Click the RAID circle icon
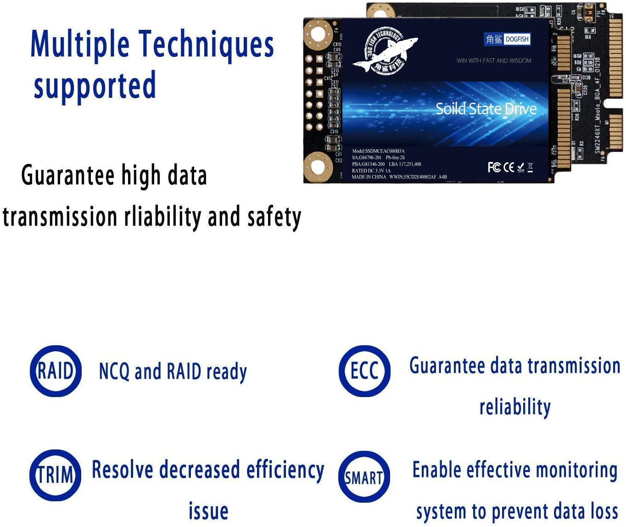coord(56,371)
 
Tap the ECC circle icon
coord(364,371)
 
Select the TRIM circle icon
coord(56,475)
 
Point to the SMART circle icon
coord(364,477)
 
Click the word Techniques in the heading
coord(206,45)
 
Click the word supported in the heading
coord(95,86)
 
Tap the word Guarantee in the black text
coord(68,176)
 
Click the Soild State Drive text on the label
coord(486,109)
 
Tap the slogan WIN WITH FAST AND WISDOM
coord(494,61)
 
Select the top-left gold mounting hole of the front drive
coord(318,33)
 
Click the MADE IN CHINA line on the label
coord(369,177)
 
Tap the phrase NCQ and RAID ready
coord(173,371)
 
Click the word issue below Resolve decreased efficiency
coord(208,511)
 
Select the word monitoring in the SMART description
coord(576,471)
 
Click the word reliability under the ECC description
coord(515,407)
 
